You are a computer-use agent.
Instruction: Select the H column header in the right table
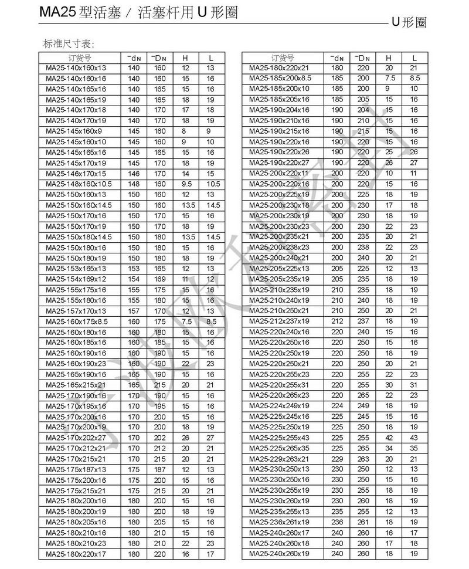[389, 57]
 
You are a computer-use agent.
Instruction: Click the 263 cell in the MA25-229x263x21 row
[363, 459]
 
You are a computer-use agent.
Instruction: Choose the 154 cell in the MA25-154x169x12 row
[134, 279]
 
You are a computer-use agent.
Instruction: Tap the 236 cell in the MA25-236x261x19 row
[337, 522]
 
